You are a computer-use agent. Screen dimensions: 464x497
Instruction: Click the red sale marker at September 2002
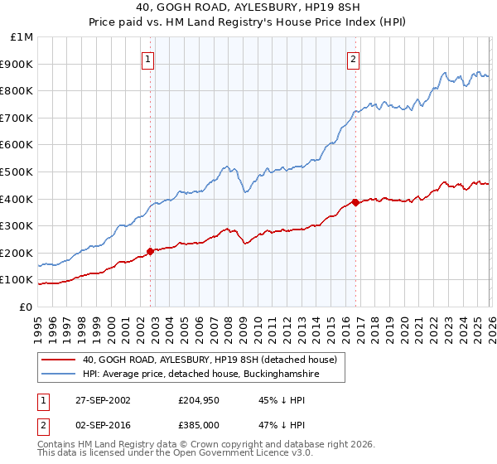pyautogui.click(x=151, y=251)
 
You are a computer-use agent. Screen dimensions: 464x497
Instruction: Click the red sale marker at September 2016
pyautogui.click(x=355, y=202)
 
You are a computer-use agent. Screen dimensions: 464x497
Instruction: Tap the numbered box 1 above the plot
pyautogui.click(x=147, y=58)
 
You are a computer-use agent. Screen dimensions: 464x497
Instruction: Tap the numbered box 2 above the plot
pyautogui.click(x=353, y=58)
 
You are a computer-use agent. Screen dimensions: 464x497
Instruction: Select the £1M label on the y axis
pyautogui.click(x=22, y=37)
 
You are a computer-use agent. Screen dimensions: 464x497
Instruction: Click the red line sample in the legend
pyautogui.click(x=60, y=360)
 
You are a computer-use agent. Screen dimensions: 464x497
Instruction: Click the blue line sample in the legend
pyautogui.click(x=60, y=375)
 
